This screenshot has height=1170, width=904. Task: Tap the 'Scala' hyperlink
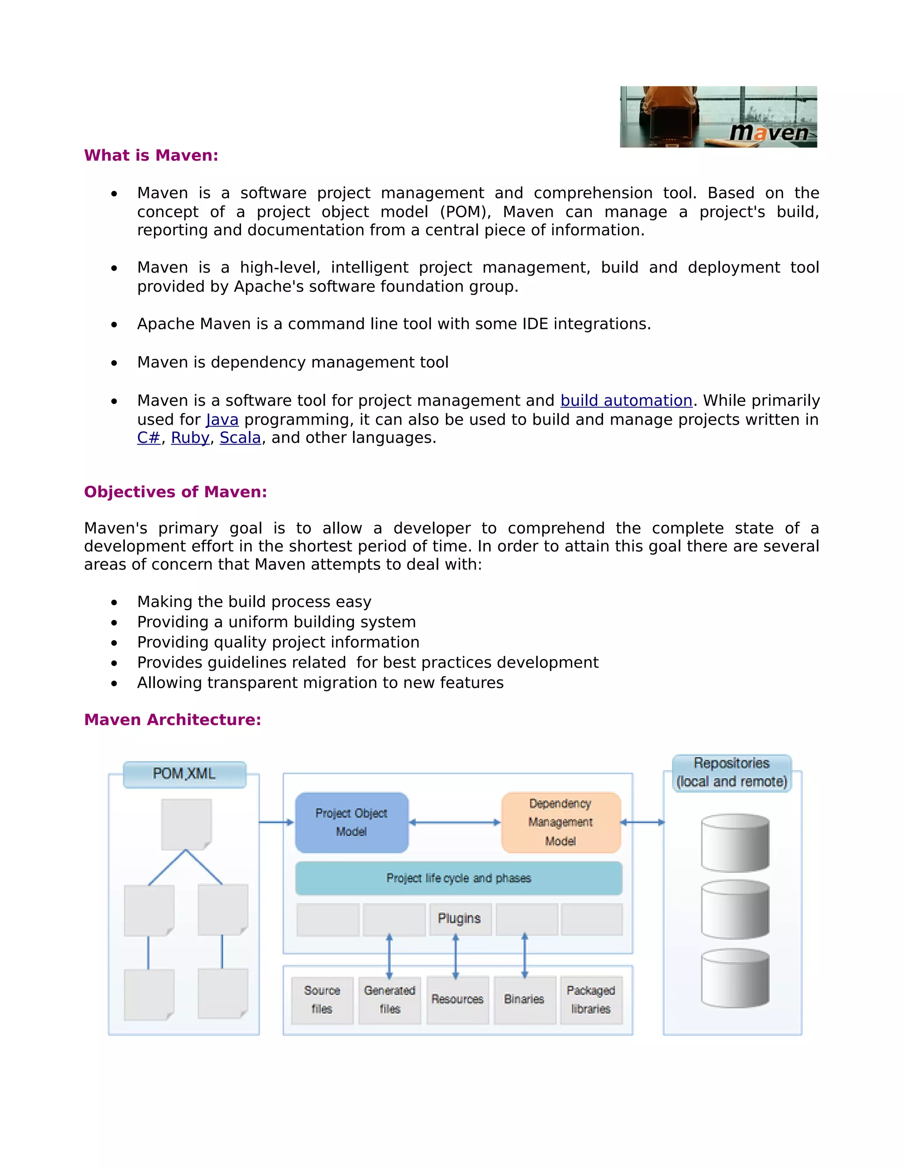pyautogui.click(x=240, y=438)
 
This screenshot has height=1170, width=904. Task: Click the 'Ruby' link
pyautogui.click(x=189, y=438)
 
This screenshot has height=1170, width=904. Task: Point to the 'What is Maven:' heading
pyautogui.click(x=151, y=155)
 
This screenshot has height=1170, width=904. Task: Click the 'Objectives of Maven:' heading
pyautogui.click(x=175, y=492)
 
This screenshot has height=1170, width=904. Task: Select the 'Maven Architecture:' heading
pyautogui.click(x=173, y=720)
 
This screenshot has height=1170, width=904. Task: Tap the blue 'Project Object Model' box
pyautogui.click(x=351, y=823)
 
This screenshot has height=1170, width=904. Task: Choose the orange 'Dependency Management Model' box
pyautogui.click(x=560, y=823)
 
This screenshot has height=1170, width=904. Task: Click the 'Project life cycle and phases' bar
pyautogui.click(x=459, y=878)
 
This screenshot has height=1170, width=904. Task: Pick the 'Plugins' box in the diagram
pyautogui.click(x=460, y=918)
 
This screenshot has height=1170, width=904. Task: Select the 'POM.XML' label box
pyautogui.click(x=184, y=774)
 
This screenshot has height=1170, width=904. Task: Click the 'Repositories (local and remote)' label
pyautogui.click(x=731, y=773)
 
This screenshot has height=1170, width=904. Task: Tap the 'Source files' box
pyautogui.click(x=322, y=1000)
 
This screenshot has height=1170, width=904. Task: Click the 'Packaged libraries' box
pyautogui.click(x=591, y=1000)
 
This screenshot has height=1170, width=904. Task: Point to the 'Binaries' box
pyautogui.click(x=524, y=1000)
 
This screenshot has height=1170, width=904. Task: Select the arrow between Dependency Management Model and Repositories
pyautogui.click(x=642, y=823)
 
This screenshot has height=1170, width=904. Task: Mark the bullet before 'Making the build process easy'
pyautogui.click(x=114, y=603)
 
